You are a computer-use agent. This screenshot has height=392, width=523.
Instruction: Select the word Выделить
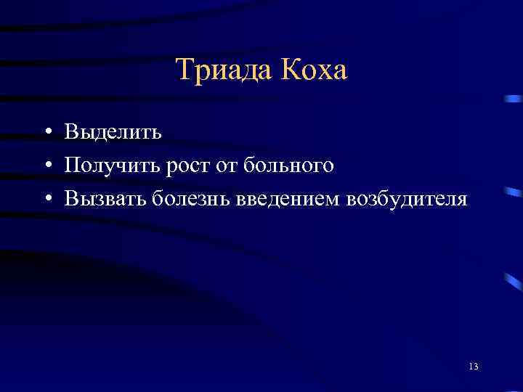coord(113,133)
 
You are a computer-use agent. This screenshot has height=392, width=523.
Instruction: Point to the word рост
coord(190,167)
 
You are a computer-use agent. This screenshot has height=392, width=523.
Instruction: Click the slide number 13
coord(474,366)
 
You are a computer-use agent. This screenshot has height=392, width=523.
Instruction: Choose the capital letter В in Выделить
coord(71,132)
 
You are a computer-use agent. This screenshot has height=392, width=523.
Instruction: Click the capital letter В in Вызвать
coord(71,198)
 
